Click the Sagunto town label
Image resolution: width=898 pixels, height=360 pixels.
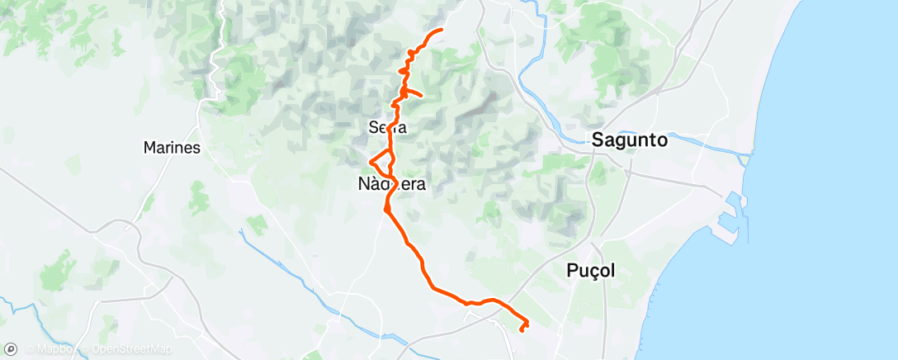click(629, 141)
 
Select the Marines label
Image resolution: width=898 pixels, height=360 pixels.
click(173, 148)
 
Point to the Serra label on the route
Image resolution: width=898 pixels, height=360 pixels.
click(388, 127)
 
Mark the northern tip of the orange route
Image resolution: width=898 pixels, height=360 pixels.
click(442, 30)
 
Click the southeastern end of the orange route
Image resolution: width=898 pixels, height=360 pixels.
click(522, 329)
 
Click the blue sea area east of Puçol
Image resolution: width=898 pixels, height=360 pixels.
click(743, 289)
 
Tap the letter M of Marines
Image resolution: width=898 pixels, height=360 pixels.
click(149, 148)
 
